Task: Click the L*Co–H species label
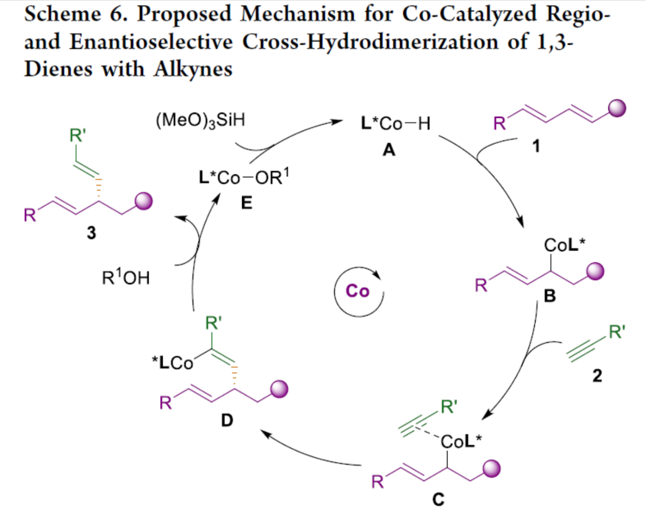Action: click(395, 123)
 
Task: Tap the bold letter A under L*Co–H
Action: click(389, 149)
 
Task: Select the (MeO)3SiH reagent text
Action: click(200, 120)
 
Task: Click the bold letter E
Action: click(246, 203)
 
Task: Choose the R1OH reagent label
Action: click(126, 278)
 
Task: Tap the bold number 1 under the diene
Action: click(536, 146)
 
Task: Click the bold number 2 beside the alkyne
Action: click(597, 376)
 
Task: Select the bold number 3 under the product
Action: click(91, 233)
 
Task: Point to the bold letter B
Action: click(550, 296)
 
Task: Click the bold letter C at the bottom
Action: click(438, 500)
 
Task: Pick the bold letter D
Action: click(227, 420)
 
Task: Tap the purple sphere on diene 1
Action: click(617, 108)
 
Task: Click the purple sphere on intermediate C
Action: click(491, 469)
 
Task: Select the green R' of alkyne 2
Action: click(617, 332)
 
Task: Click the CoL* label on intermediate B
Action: click(564, 245)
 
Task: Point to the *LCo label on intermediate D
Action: click(173, 362)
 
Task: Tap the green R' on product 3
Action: click(78, 135)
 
